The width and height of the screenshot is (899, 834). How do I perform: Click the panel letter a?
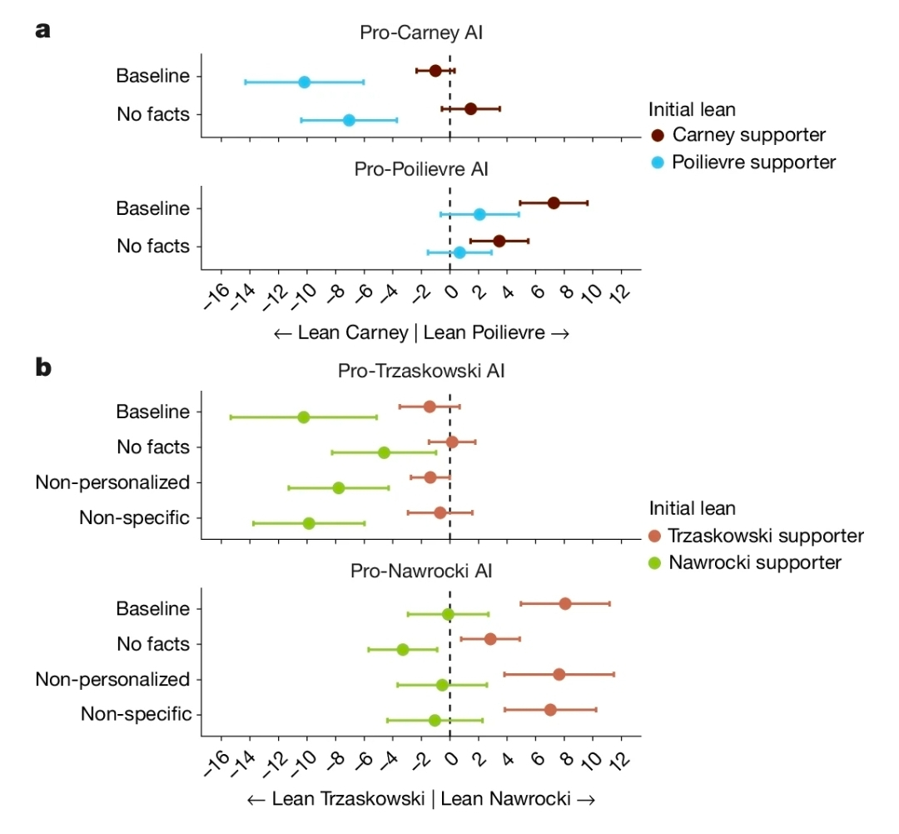tap(43, 32)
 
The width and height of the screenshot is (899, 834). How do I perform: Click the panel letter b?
tap(43, 367)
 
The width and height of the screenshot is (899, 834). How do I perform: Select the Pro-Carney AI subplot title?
tap(421, 33)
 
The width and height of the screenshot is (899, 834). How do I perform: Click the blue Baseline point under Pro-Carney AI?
tap(304, 82)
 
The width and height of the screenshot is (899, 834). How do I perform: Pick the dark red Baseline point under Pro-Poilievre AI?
tap(554, 202)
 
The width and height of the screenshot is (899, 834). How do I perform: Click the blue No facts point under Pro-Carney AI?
tap(349, 120)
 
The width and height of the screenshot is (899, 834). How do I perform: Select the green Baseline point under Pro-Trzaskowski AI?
tap(304, 417)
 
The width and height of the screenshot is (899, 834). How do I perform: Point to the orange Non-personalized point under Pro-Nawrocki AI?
tap(559, 674)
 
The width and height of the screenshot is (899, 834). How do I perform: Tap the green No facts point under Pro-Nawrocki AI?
tap(403, 649)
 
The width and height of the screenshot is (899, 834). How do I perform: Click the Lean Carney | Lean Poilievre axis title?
tap(421, 333)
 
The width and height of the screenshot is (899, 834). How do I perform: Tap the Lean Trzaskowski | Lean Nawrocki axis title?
tap(421, 799)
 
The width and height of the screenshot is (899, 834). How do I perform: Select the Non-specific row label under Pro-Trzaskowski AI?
tap(135, 517)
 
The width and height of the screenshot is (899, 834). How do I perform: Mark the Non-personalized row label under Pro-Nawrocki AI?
tap(112, 679)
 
